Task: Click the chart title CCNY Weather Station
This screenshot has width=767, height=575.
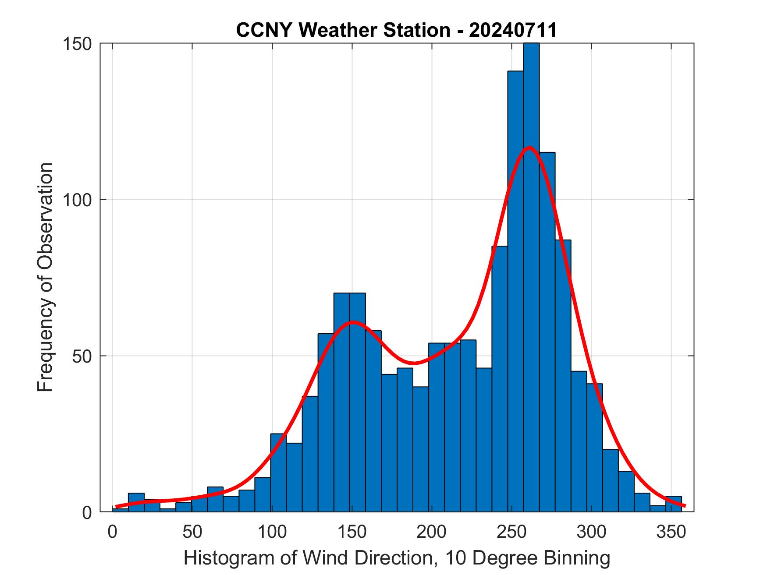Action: (396, 30)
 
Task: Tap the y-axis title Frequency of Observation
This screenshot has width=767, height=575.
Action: (45, 277)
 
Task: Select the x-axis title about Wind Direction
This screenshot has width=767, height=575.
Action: (397, 558)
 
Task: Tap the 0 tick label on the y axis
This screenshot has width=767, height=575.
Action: (87, 512)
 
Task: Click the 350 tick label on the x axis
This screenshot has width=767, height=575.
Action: (671, 532)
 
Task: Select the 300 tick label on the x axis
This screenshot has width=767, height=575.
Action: (591, 532)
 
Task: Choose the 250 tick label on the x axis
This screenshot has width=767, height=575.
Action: (511, 532)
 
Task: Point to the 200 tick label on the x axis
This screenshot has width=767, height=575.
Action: (432, 532)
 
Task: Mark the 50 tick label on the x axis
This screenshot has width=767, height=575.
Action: (192, 532)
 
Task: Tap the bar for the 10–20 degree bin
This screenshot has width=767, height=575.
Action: (136, 503)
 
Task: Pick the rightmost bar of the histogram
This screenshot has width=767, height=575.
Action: (673, 504)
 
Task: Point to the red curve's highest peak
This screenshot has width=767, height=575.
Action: (529, 147)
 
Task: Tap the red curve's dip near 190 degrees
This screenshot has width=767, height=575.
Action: (414, 363)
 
